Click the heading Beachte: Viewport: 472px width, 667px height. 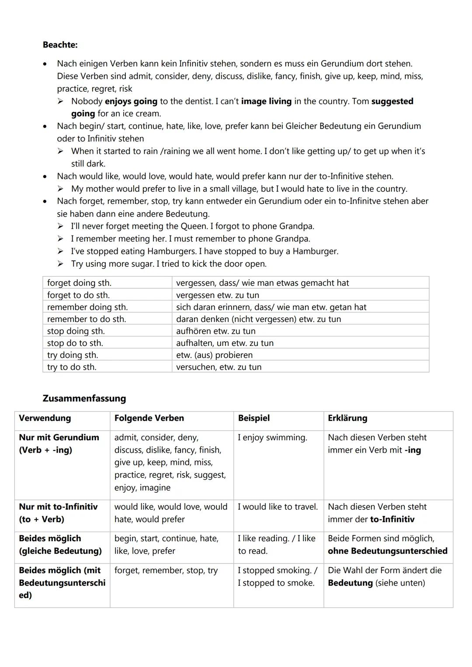60,45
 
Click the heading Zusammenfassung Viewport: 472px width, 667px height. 84,398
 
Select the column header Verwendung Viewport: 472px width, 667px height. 45,418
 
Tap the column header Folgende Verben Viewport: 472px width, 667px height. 149,418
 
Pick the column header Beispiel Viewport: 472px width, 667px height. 253,418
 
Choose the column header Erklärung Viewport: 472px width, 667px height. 347,418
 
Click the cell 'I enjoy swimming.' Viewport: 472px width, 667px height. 272,437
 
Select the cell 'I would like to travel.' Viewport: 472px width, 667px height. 278,507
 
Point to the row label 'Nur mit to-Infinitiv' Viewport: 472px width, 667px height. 58,513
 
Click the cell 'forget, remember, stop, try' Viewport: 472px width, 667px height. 166,570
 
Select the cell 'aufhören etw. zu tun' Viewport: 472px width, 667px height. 216,331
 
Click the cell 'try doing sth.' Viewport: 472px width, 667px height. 73,355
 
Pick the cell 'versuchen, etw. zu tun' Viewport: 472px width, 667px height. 219,367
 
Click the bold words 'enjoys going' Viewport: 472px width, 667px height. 131,101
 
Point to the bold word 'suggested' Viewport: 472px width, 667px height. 392,101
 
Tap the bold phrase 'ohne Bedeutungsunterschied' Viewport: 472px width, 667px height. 387,551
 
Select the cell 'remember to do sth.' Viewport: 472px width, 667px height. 87,319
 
